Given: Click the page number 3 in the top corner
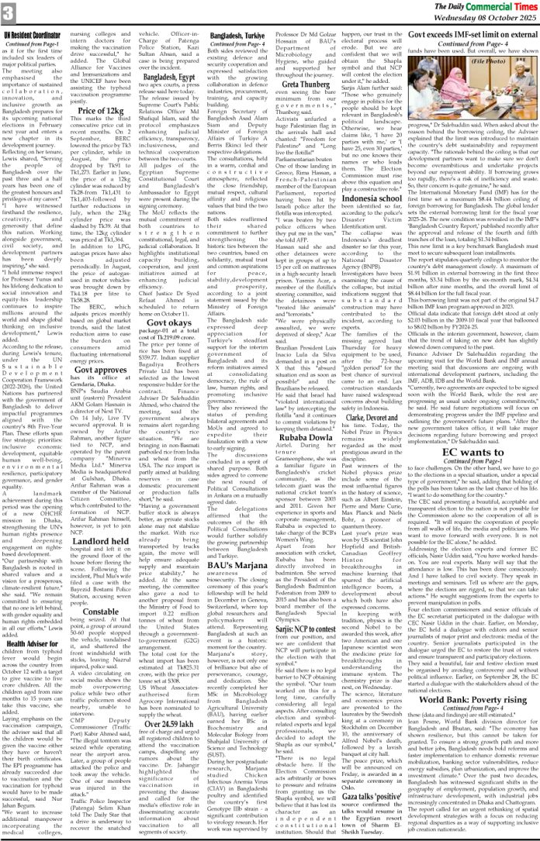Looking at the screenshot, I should (x=9, y=12).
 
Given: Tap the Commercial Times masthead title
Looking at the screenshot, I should (x=486, y=7).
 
